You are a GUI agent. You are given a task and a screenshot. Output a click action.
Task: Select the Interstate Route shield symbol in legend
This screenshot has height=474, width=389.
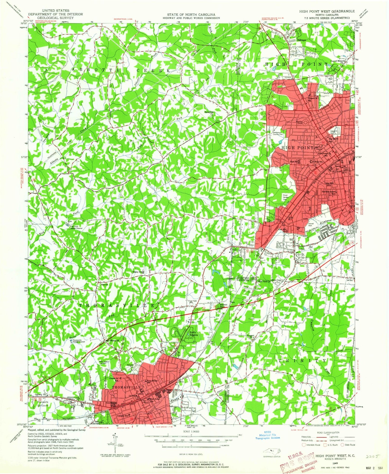point(304,445)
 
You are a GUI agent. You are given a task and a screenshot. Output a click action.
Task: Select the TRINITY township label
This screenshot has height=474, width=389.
point(302,361)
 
